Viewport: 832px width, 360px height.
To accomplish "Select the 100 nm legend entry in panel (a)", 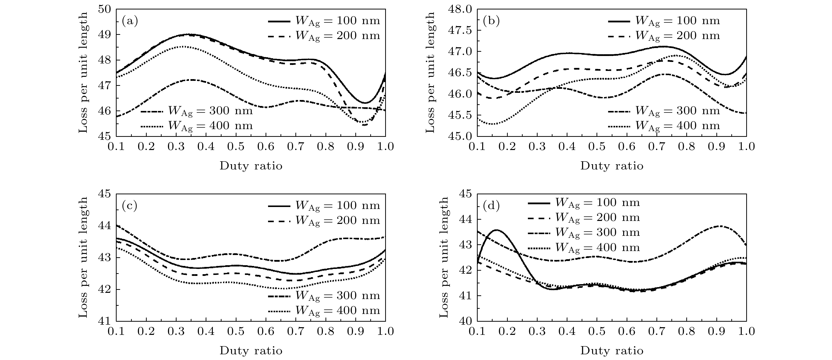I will pyautogui.click(x=324, y=21).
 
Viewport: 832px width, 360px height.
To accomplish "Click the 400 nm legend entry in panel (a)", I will pyautogui.click(x=197, y=126).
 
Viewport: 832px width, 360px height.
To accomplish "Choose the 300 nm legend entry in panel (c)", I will pyautogui.click(x=324, y=296).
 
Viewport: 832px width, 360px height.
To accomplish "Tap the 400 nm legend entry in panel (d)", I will pyautogui.click(x=584, y=248).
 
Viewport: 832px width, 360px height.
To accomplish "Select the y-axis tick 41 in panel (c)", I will pyautogui.click(x=105, y=321).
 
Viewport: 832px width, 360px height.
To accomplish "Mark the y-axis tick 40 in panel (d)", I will pyautogui.click(x=465, y=321).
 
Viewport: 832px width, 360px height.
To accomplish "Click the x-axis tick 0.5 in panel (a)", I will pyautogui.click(x=236, y=147).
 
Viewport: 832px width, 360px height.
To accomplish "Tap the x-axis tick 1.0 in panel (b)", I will pyautogui.click(x=746, y=147).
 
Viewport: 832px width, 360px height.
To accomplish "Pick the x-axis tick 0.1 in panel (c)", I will pyautogui.click(x=117, y=332).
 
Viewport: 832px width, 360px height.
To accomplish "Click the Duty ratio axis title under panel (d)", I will pyautogui.click(x=612, y=351).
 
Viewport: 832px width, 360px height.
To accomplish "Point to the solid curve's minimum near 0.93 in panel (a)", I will pyautogui.click(x=365, y=103).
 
